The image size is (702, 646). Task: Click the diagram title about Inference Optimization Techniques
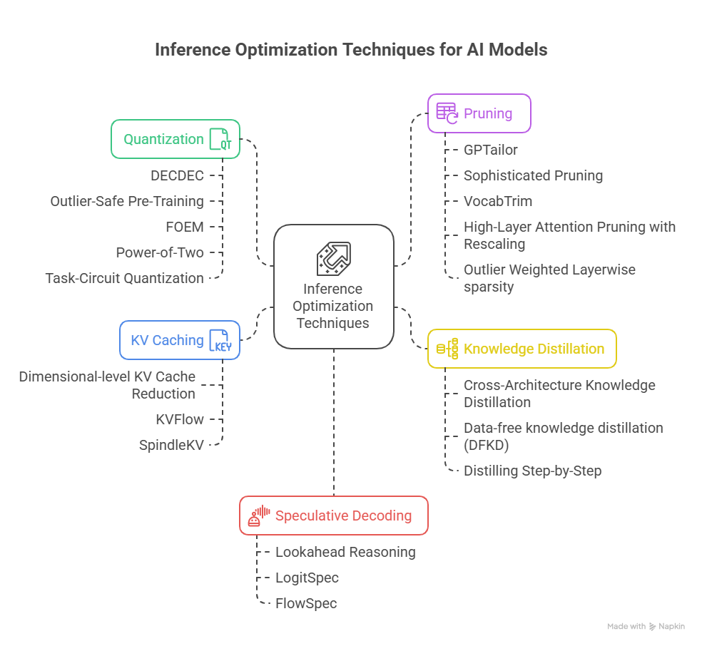pos(351,51)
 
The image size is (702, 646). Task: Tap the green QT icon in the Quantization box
pos(220,139)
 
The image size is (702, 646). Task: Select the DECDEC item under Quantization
pos(177,175)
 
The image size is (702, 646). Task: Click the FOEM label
pos(184,227)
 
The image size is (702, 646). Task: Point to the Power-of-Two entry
pos(160,252)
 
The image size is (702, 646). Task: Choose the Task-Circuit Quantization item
pos(124,278)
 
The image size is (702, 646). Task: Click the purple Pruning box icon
pos(447,113)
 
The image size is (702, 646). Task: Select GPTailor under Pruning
pos(490,150)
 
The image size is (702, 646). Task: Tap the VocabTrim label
pos(497,201)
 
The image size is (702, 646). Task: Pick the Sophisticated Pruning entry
pos(533,175)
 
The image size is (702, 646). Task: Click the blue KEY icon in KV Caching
pos(220,340)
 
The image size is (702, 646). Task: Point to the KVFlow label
pos(180,419)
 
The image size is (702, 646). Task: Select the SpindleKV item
pos(171,445)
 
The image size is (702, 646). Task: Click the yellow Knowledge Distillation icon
pos(447,349)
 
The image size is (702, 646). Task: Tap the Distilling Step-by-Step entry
pos(532,471)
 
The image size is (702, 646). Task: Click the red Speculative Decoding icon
pos(258,516)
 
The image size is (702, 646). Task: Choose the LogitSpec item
pos(307,578)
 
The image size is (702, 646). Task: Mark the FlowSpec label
pos(306,603)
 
